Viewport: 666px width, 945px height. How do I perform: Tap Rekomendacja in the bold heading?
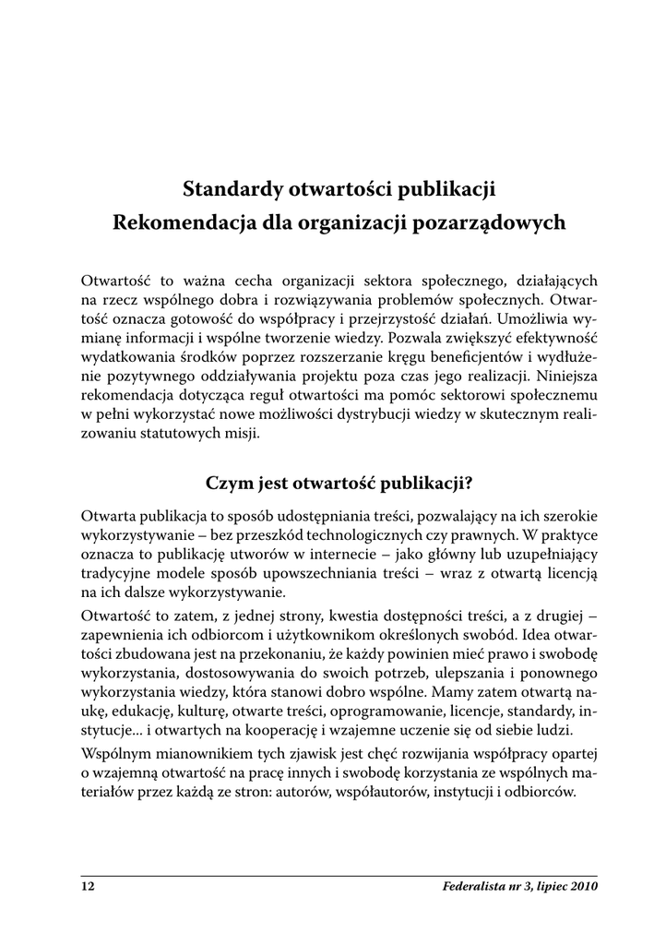[171, 223]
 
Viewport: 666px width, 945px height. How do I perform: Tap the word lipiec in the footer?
[545, 887]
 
